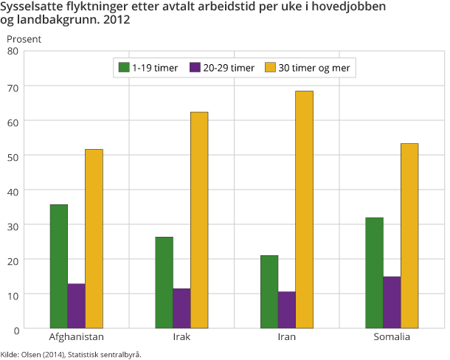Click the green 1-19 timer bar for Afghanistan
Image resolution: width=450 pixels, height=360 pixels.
tap(59, 266)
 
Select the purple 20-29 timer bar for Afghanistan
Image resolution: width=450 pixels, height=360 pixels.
tap(76, 305)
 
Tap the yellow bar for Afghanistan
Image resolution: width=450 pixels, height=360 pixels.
tap(94, 238)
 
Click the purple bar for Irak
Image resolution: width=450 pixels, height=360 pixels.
tap(181, 308)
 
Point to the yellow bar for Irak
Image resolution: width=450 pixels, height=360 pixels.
tap(199, 220)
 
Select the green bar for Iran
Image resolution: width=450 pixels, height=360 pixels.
tap(269, 291)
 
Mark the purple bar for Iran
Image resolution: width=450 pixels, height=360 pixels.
tap(287, 309)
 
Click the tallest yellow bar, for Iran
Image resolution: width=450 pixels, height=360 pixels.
tap(304, 210)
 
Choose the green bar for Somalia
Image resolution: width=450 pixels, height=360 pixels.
tap(374, 272)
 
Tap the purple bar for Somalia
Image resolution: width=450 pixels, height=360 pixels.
tap(392, 302)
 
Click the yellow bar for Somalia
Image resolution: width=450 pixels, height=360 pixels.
tap(409, 235)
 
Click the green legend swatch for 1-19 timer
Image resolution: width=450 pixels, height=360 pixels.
tap(124, 68)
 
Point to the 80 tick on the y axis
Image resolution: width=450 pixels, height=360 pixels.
tap(13, 51)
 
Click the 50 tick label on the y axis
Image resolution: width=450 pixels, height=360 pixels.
tap(13, 155)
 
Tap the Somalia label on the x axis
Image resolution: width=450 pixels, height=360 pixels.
tap(392, 337)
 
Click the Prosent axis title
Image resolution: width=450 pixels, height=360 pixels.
tap(24, 38)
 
